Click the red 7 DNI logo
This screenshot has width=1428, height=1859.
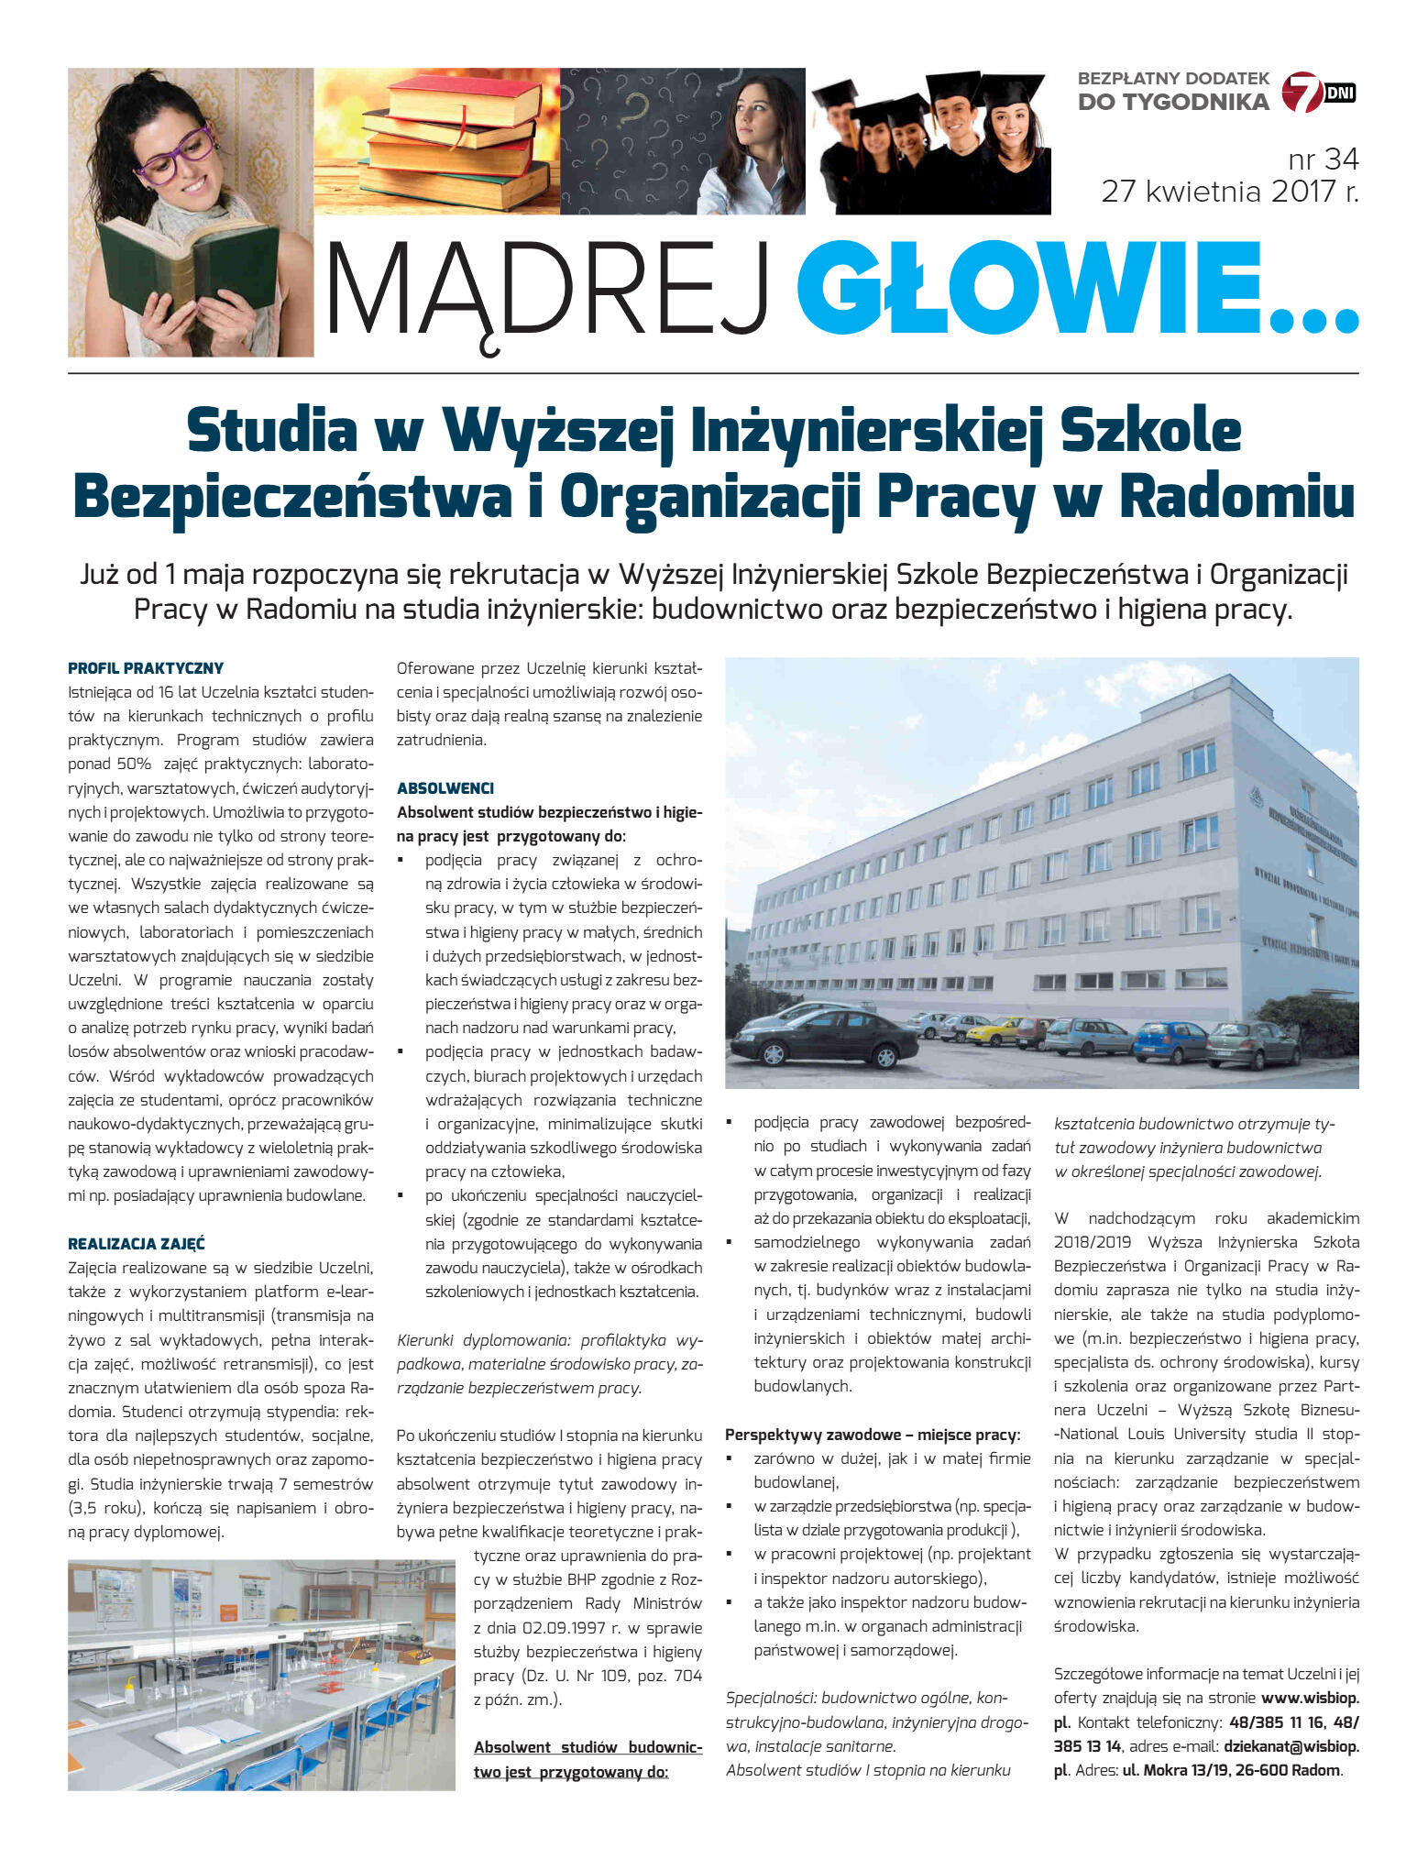click(x=1316, y=93)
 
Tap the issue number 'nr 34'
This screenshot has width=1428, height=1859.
click(x=1323, y=159)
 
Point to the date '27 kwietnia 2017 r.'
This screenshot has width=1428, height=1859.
click(x=1229, y=192)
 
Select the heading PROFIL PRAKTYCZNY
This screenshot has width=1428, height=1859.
click(x=146, y=668)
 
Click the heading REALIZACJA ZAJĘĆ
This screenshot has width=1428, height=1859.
click(x=137, y=1244)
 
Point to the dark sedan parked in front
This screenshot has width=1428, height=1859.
click(x=822, y=1035)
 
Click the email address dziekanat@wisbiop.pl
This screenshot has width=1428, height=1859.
click(x=1291, y=1746)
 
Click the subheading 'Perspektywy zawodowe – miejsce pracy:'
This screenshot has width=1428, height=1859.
click(x=872, y=1435)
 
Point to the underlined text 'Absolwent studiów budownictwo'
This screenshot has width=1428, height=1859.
click(x=588, y=1747)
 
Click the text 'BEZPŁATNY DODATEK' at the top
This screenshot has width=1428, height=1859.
click(x=1172, y=79)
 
